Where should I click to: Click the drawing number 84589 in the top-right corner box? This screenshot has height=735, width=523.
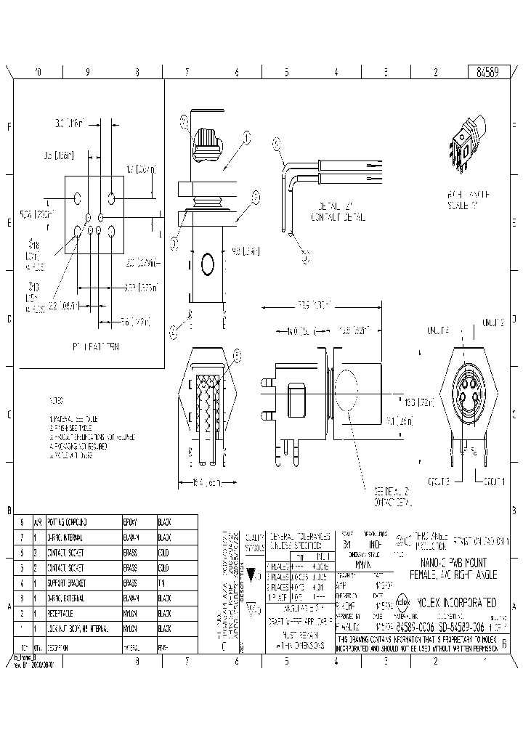click(487, 73)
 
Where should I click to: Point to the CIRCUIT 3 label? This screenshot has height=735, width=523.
click(438, 482)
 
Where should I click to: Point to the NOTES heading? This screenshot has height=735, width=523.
click(56, 400)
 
